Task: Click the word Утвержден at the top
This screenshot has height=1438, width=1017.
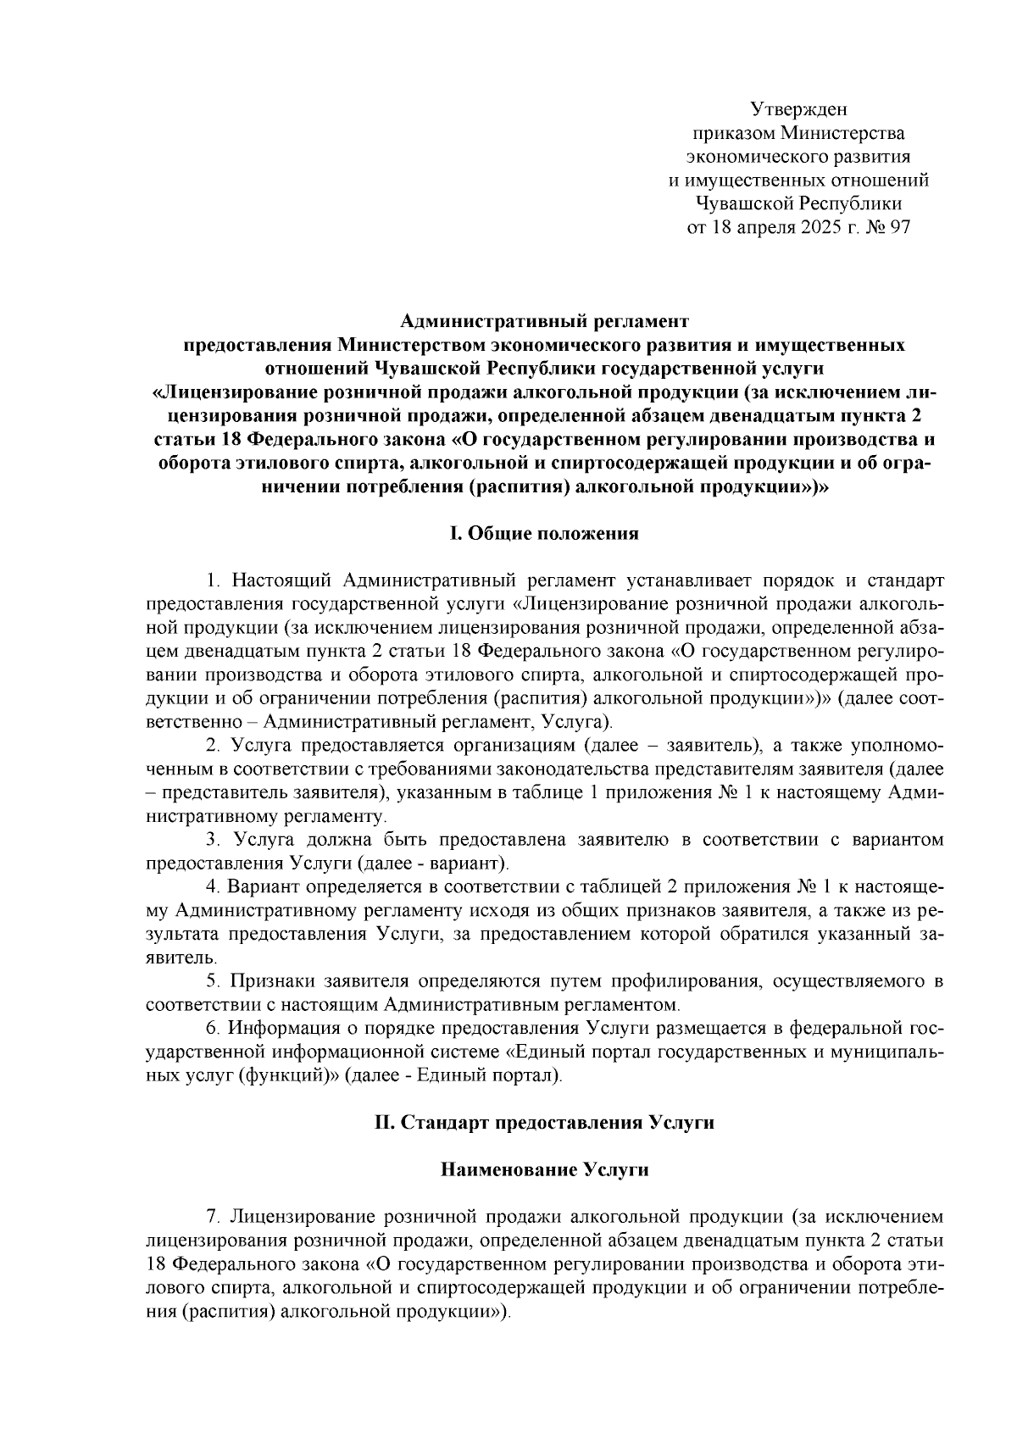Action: (x=798, y=109)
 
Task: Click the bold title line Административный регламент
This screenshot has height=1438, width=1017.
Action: (x=544, y=322)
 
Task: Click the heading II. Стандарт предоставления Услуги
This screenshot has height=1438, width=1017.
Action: (x=544, y=1123)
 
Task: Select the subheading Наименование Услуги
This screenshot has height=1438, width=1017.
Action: (x=544, y=1170)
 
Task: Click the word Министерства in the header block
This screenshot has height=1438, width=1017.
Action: (x=843, y=133)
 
